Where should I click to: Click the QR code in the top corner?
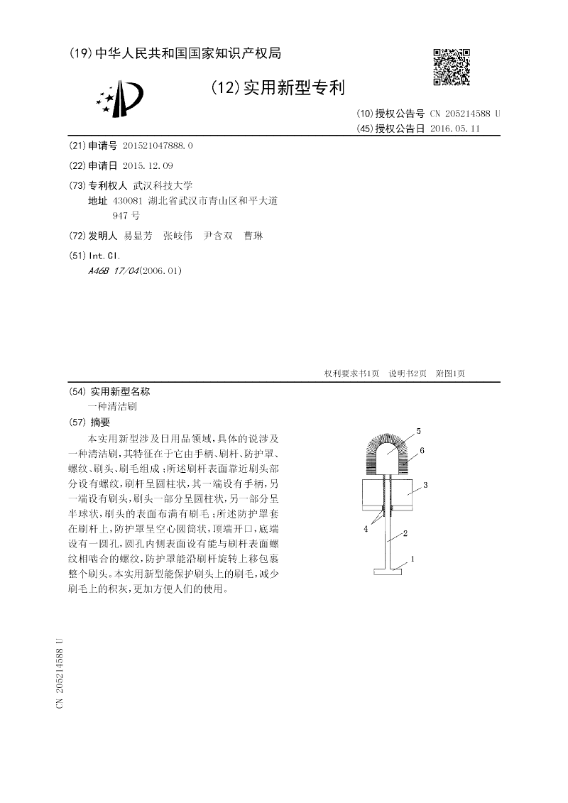pyautogui.click(x=452, y=67)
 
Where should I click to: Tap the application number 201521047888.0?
pyautogui.click(x=157, y=145)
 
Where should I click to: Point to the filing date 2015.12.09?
pyautogui.click(x=148, y=165)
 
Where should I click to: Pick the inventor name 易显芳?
pyautogui.click(x=138, y=236)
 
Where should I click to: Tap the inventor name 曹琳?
pyautogui.click(x=253, y=236)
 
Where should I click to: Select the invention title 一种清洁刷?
pyautogui.click(x=112, y=408)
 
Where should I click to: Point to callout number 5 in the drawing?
pyautogui.click(x=418, y=431)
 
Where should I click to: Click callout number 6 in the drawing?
pyautogui.click(x=422, y=450)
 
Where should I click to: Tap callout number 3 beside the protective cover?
pyautogui.click(x=425, y=484)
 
